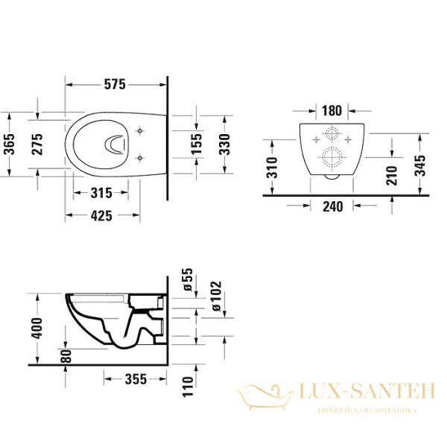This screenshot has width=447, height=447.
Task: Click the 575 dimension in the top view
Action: [113, 84]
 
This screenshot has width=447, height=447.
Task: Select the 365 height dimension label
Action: [10, 142]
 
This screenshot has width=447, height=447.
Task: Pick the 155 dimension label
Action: [194, 142]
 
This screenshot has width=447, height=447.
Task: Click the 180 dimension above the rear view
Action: [332, 111]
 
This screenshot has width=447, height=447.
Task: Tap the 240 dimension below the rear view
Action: [332, 207]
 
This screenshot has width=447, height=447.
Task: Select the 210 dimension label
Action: [392, 174]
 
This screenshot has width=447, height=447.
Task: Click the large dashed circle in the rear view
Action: [332, 158]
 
